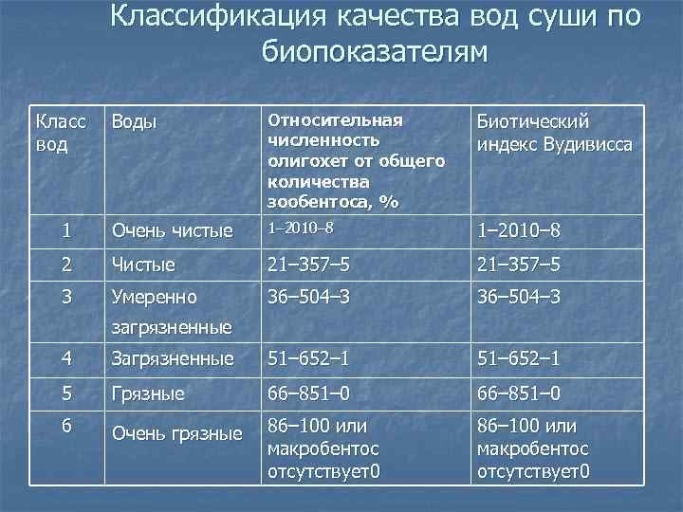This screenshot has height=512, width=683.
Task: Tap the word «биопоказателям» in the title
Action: [x=375, y=51]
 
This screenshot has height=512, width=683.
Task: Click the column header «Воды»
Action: [x=134, y=123]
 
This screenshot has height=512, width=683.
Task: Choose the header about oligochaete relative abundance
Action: [x=357, y=161]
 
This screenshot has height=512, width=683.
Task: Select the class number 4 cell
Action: [x=65, y=357]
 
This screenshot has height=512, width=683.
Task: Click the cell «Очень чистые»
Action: [x=172, y=230]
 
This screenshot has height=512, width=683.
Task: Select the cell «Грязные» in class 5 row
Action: [x=148, y=392]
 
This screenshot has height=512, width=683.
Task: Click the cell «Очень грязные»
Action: [x=176, y=434]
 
